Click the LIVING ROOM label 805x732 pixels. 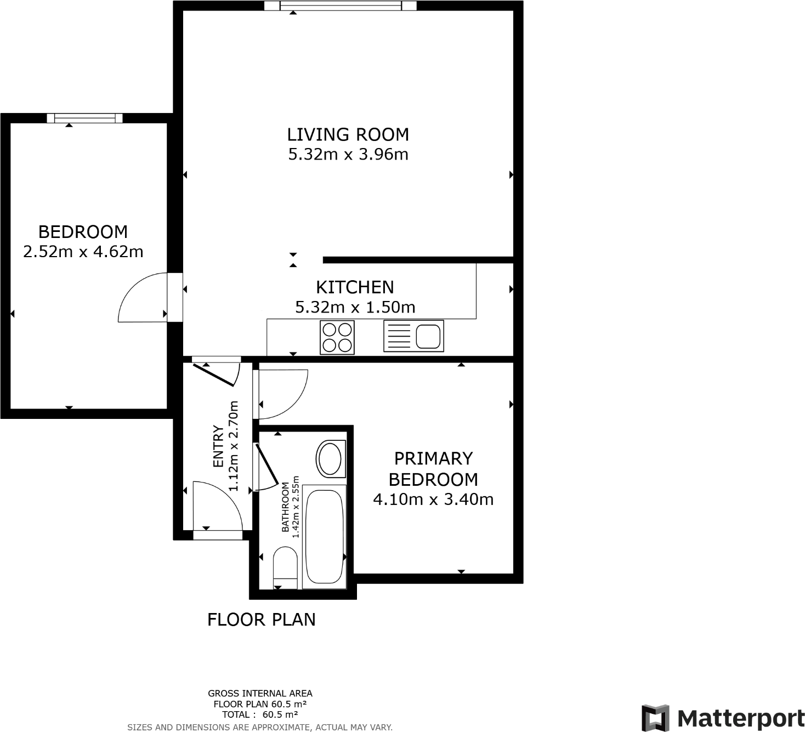click(348, 134)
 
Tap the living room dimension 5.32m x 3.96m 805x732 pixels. click(348, 155)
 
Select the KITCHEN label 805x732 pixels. click(355, 287)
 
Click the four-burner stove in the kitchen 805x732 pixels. click(337, 337)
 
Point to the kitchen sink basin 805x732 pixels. click(428, 336)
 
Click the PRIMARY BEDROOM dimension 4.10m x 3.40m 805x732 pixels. click(433, 500)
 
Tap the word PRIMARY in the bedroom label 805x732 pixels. click(433, 458)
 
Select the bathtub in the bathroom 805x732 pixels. click(324, 536)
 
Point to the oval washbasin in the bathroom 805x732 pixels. click(330, 458)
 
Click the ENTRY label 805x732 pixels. click(218, 446)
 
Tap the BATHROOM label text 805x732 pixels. click(285, 507)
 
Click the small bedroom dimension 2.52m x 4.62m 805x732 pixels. click(83, 252)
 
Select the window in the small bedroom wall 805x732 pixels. click(84, 118)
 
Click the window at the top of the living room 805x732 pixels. click(340, 6)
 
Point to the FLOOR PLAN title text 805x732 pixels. click(261, 620)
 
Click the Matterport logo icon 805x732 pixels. click(655, 718)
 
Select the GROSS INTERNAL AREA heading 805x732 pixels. click(260, 694)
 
